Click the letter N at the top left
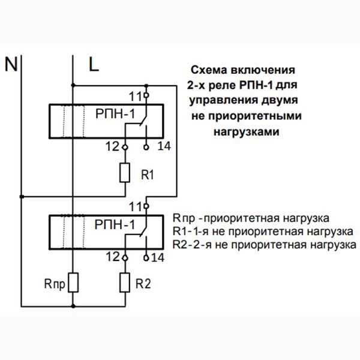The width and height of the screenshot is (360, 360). (12, 63)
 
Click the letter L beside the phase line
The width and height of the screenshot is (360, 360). (94, 63)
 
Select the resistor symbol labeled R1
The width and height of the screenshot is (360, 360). (125, 173)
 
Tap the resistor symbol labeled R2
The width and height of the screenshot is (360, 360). (125, 281)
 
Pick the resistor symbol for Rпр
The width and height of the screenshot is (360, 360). (73, 281)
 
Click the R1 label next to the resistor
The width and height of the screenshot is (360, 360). (148, 175)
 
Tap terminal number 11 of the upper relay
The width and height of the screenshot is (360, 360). (136, 95)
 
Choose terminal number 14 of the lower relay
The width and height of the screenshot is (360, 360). (158, 258)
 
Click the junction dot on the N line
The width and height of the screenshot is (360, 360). (20, 195)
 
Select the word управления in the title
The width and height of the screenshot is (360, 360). (221, 98)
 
